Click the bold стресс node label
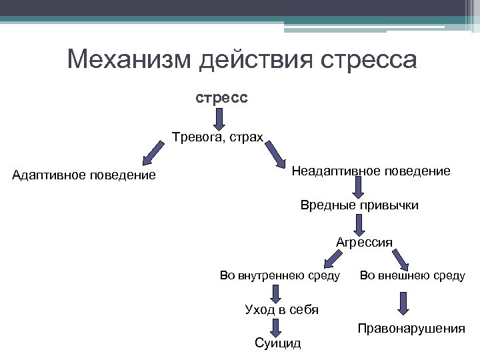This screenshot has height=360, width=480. [x=221, y=97]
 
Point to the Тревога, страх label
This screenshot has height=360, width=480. [x=218, y=139]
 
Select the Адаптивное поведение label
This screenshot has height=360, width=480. [x=85, y=175]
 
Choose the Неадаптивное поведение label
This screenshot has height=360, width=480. [x=371, y=171]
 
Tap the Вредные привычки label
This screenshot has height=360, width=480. [x=361, y=205]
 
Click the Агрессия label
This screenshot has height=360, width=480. [x=364, y=241]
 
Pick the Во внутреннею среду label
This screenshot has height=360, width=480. [x=280, y=275]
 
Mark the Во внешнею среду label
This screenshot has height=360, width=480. [x=413, y=275]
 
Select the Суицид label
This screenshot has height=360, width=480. [x=278, y=343]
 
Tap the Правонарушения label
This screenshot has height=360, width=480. [x=411, y=328]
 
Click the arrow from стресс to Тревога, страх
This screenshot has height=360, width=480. [x=221, y=119]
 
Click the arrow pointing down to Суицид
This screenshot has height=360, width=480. [x=277, y=327]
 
